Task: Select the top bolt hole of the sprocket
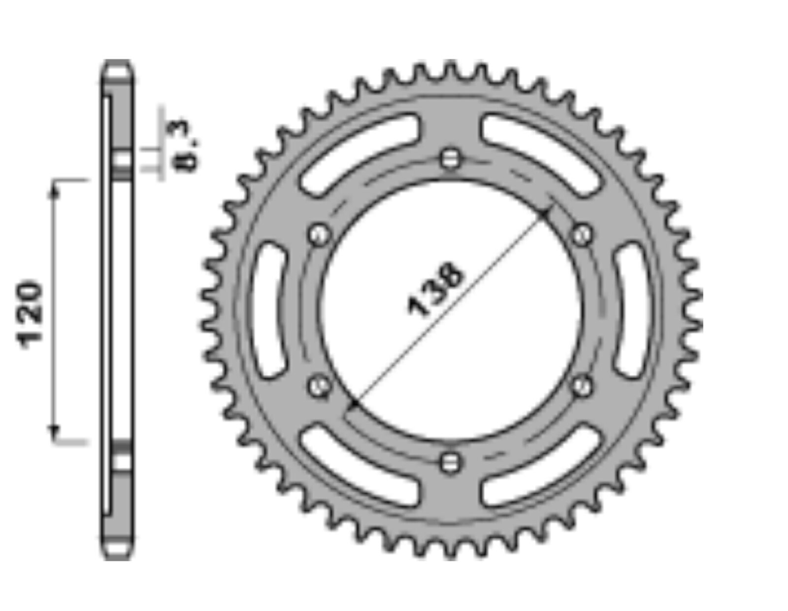click(450, 159)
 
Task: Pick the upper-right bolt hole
click(583, 235)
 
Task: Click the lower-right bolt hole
click(583, 386)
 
